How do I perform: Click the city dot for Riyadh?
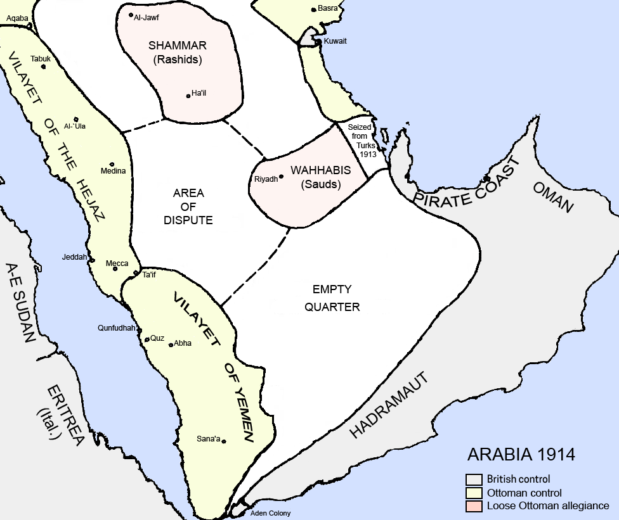282,177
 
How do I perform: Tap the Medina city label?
114,171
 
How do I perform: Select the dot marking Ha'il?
188,96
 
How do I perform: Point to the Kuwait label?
335,41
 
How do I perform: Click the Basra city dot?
313,10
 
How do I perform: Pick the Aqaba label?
18,18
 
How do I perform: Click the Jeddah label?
74,257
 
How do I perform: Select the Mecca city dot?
115,269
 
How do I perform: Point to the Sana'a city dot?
224,441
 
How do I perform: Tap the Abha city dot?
171,345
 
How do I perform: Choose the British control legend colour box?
474,479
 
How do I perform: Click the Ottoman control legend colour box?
474,493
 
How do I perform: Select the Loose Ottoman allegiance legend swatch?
474,506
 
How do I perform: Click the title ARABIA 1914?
521,455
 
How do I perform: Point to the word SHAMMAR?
177,46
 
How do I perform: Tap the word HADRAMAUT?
389,405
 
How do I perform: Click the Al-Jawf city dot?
131,15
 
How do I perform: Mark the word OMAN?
553,198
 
